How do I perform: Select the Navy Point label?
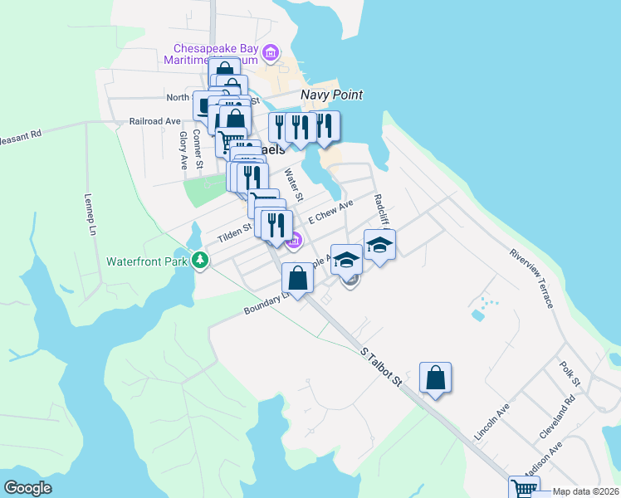tap(331, 95)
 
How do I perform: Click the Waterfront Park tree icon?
tap(200, 261)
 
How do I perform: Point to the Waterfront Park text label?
tap(148, 261)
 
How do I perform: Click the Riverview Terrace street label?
tap(531, 277)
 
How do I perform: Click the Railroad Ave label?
tap(154, 121)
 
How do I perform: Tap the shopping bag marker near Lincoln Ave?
tap(435, 378)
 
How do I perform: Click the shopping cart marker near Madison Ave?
tap(523, 489)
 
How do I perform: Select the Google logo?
tap(28, 488)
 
